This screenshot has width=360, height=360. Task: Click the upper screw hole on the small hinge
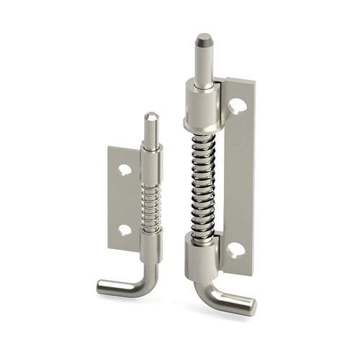pyautogui.click(x=125, y=171)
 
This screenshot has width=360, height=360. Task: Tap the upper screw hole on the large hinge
pyautogui.click(x=238, y=106)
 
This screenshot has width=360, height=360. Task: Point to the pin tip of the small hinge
pyautogui.click(x=150, y=116)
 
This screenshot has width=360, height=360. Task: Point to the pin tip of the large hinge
pyautogui.click(x=204, y=38)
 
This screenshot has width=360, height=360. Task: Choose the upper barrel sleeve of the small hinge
pyautogui.click(x=151, y=163)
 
